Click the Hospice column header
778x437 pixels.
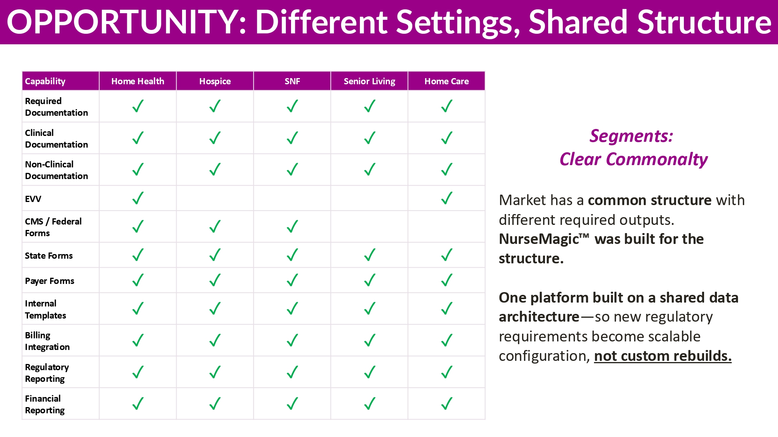(215, 81)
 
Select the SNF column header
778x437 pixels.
(292, 81)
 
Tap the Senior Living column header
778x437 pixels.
(369, 81)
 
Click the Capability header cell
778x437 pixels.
(61, 81)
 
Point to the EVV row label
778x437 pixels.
(33, 199)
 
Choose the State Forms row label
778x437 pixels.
(49, 256)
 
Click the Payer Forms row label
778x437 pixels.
(49, 281)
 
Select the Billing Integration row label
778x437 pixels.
(47, 341)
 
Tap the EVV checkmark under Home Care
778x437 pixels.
(447, 198)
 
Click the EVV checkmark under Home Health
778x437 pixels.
(138, 198)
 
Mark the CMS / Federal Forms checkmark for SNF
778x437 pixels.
(293, 226)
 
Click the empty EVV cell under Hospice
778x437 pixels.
(215, 198)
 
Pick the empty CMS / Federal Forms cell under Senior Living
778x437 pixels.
(369, 227)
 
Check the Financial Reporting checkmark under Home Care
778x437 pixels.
(447, 404)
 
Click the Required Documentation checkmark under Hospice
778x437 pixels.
(215, 106)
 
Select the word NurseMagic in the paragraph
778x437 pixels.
(544, 239)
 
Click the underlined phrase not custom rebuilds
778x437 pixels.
(663, 356)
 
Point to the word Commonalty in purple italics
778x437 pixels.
(657, 159)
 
